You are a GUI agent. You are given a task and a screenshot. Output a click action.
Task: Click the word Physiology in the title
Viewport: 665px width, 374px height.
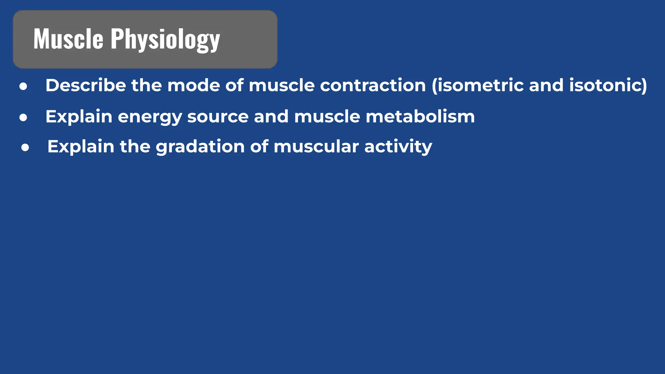[x=165, y=40]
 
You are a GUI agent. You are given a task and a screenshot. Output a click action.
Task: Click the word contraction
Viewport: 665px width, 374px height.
[x=373, y=85]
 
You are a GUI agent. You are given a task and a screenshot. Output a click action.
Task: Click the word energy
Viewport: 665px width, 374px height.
[x=150, y=117]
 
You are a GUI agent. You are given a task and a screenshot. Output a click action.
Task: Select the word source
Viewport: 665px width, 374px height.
[x=218, y=117]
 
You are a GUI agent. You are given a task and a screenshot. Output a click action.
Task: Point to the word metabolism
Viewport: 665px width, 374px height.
[x=420, y=117]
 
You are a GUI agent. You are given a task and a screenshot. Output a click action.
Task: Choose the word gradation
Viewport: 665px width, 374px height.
[x=200, y=147]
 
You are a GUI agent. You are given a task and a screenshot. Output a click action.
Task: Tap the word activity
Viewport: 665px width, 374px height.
[x=398, y=147]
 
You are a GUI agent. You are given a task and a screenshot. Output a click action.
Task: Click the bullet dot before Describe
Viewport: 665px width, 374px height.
[x=23, y=86]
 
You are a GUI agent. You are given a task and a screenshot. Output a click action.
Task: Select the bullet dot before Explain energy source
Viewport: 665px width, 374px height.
[x=23, y=118]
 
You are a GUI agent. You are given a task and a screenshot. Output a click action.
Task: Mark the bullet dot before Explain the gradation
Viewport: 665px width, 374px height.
[x=25, y=148]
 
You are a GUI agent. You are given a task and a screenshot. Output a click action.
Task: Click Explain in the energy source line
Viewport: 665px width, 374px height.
[x=79, y=117]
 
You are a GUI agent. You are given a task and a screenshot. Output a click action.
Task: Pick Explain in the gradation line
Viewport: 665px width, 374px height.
[x=81, y=147]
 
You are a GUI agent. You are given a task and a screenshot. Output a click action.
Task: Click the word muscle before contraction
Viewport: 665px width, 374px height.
[x=282, y=85]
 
